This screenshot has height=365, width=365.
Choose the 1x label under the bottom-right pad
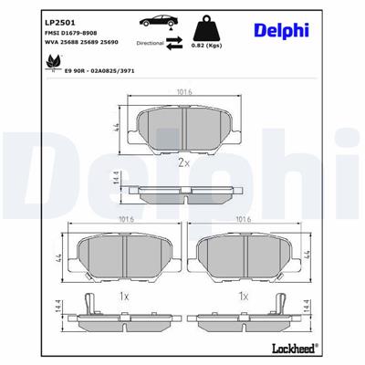coord(244,297)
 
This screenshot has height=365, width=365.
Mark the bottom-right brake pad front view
coord(245,255)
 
